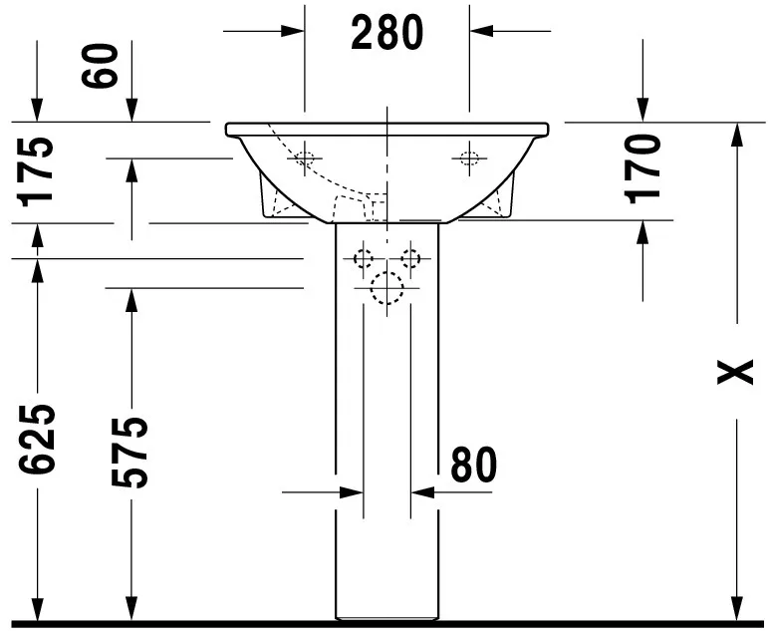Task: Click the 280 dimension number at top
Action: (x=386, y=33)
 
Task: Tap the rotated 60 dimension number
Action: (x=101, y=66)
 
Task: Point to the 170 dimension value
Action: (x=642, y=168)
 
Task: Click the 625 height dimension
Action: (x=37, y=440)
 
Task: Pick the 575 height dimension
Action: (x=129, y=453)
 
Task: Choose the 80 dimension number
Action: (x=473, y=464)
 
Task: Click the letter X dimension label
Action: (x=735, y=372)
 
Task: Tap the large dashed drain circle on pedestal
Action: (x=386, y=288)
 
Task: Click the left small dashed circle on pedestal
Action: (x=364, y=258)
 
